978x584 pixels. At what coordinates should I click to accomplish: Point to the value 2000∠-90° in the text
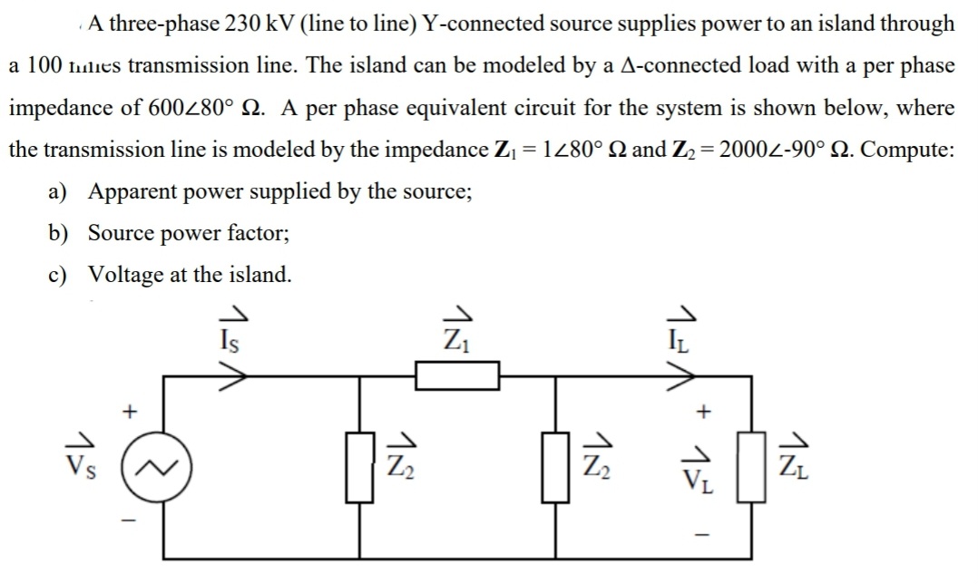pyautogui.click(x=777, y=149)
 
